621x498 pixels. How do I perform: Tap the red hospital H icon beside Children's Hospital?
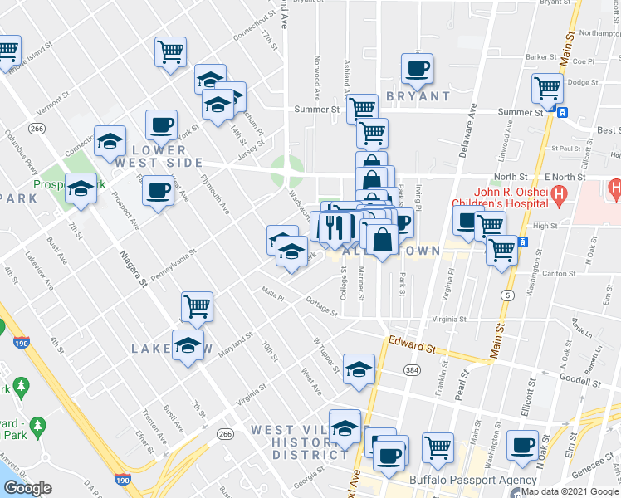[x=559, y=197]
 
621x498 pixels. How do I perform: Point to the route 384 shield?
[x=410, y=368]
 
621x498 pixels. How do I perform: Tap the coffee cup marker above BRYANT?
[x=418, y=68]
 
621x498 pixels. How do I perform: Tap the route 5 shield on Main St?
[x=506, y=295]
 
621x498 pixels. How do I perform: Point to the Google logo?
[x=27, y=489]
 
